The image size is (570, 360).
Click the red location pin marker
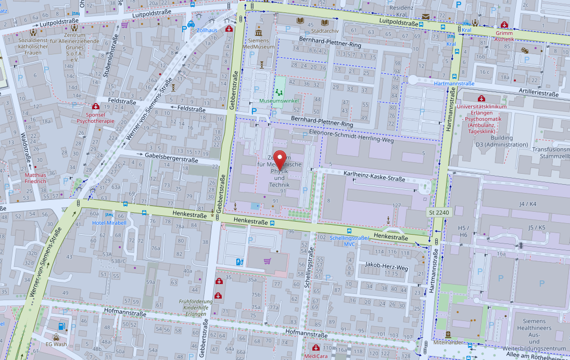point(281,158)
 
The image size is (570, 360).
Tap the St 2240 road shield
point(438,213)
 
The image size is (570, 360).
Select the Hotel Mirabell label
point(109,223)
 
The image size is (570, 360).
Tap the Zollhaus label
point(207,31)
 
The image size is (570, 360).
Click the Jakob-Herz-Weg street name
point(386,267)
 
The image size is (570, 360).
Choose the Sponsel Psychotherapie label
point(95,118)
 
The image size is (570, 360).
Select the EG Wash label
point(56,344)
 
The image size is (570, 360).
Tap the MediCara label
point(315,356)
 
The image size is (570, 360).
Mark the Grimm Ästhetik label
point(504,36)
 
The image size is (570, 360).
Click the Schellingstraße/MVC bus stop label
point(349,241)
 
